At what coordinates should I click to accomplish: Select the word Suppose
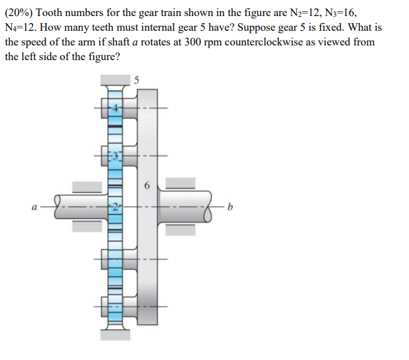[260, 27]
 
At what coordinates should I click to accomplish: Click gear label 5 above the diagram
[137, 80]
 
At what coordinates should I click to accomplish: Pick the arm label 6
[146, 187]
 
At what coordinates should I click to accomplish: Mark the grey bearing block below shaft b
[180, 231]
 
